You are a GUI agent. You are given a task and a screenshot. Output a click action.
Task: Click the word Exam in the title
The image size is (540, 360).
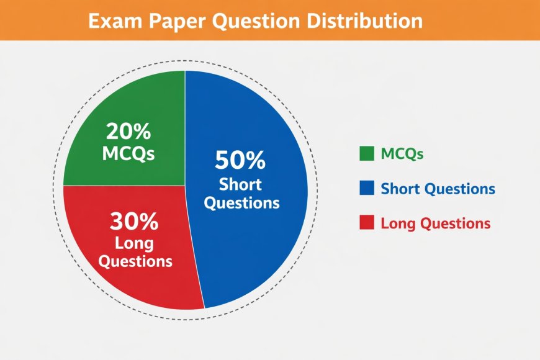click(x=115, y=21)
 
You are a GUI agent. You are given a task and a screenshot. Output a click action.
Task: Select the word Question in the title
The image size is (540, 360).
click(x=256, y=22)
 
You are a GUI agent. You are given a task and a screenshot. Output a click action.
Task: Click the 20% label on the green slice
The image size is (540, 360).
click(x=128, y=131)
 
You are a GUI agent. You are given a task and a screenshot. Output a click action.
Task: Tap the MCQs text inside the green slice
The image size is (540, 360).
click(x=128, y=153)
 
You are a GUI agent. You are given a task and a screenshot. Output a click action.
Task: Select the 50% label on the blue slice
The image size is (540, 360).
click(x=240, y=160)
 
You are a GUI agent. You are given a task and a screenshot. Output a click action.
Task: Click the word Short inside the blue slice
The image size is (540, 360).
click(x=240, y=184)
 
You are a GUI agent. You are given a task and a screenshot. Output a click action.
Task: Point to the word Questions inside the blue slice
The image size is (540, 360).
click(x=241, y=202)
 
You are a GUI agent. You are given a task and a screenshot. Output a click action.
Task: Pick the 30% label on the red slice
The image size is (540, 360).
click(x=134, y=221)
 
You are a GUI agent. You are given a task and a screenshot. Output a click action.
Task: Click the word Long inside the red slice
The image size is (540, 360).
click(x=134, y=244)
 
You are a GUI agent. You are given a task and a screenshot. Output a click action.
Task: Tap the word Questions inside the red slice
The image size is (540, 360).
click(x=135, y=261)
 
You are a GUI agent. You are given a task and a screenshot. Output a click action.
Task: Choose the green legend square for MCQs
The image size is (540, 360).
click(x=367, y=154)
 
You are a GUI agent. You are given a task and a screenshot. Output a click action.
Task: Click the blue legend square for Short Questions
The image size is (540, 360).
click(x=367, y=188)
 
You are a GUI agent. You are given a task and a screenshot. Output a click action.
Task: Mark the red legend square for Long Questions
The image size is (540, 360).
click(x=367, y=222)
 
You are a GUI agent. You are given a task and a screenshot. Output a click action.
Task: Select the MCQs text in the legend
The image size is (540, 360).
click(x=402, y=154)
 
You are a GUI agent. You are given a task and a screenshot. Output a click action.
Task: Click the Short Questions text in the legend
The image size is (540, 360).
click(x=438, y=189)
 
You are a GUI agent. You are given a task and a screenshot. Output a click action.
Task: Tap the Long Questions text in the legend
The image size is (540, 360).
click(x=435, y=223)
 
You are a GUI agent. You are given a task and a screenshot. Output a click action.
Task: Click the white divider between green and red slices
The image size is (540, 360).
click(x=124, y=186)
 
